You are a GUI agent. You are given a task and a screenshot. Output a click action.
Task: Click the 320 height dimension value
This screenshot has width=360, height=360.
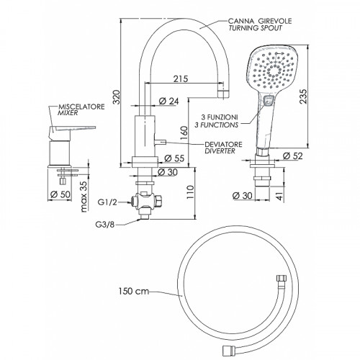pyautogui.click(x=117, y=96)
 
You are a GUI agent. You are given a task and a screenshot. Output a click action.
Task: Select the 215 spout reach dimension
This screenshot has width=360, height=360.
pyautogui.click(x=181, y=78)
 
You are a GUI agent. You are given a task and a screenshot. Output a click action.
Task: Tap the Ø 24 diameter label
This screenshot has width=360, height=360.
pyautogui.click(x=169, y=101)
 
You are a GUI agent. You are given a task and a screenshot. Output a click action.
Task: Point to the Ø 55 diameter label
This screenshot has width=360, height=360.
pyautogui.click(x=174, y=158)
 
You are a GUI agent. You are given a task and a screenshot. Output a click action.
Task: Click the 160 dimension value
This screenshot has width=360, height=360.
pyautogui.click(x=184, y=133)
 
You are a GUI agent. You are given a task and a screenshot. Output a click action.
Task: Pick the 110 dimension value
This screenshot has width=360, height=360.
pyautogui.click(x=190, y=192)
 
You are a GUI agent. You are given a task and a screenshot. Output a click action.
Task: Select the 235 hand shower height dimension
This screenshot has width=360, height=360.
pyautogui.click(x=303, y=96)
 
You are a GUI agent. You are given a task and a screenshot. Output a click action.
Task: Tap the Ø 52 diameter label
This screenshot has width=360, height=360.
pyautogui.click(x=293, y=156)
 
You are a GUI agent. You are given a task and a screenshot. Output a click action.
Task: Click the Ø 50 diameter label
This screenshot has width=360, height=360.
pyautogui.click(x=60, y=194)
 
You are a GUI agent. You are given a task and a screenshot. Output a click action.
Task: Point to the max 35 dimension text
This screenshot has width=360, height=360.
pyautogui.click(x=84, y=197)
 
